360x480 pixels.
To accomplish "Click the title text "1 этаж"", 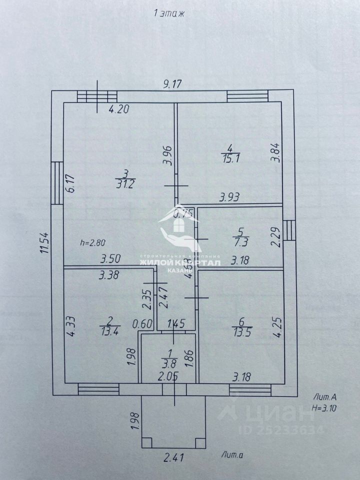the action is tap(169, 14).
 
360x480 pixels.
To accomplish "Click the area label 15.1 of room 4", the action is tap(229, 158).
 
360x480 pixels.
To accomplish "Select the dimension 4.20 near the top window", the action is tap(119, 110).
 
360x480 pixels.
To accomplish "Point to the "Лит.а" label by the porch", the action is tap(231, 454).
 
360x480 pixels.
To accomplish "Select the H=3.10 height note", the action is tap(323, 407).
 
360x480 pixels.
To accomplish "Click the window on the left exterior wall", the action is tap(57, 182).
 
